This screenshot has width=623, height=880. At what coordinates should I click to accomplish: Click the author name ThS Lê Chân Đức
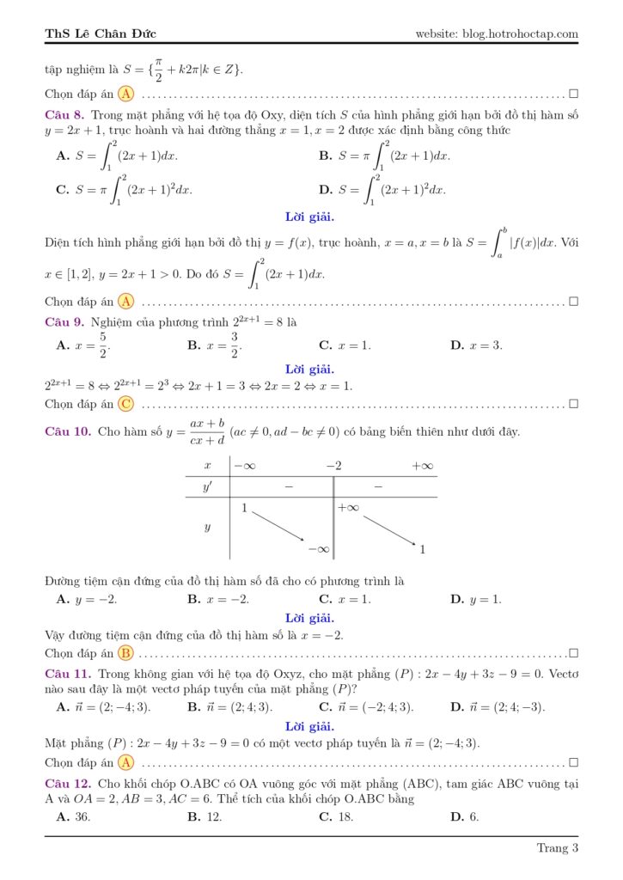(x=101, y=34)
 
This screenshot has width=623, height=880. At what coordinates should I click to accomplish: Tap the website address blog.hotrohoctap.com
(x=497, y=34)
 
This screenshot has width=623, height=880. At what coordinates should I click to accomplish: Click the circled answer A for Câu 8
(x=126, y=301)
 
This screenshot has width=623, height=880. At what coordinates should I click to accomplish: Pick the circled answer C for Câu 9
(x=126, y=403)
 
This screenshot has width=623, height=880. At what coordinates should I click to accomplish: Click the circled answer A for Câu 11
(x=126, y=761)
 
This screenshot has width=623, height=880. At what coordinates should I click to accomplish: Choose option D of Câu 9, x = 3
(x=476, y=345)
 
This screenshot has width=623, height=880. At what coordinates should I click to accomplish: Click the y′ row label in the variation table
(x=207, y=487)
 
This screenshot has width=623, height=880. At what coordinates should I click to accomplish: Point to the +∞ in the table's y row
(x=348, y=508)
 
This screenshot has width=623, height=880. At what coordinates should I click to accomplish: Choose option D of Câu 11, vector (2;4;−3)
(x=498, y=707)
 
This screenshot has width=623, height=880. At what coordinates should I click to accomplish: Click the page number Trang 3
(x=558, y=848)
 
